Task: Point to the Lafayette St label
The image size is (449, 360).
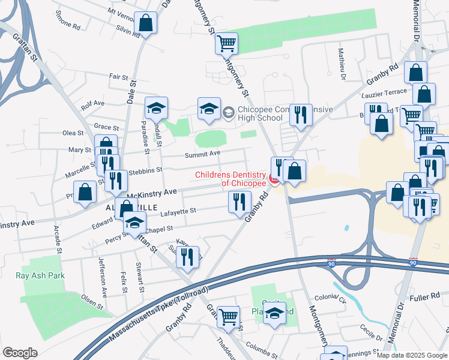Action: (x=178, y=211)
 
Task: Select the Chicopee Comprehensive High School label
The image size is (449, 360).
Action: (x=261, y=114)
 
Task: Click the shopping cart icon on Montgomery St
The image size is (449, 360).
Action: (x=227, y=43)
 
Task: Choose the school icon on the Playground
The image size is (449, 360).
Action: (x=275, y=313)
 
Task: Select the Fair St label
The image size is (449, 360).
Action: (x=119, y=77)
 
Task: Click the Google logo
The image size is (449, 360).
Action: (x=20, y=353)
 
